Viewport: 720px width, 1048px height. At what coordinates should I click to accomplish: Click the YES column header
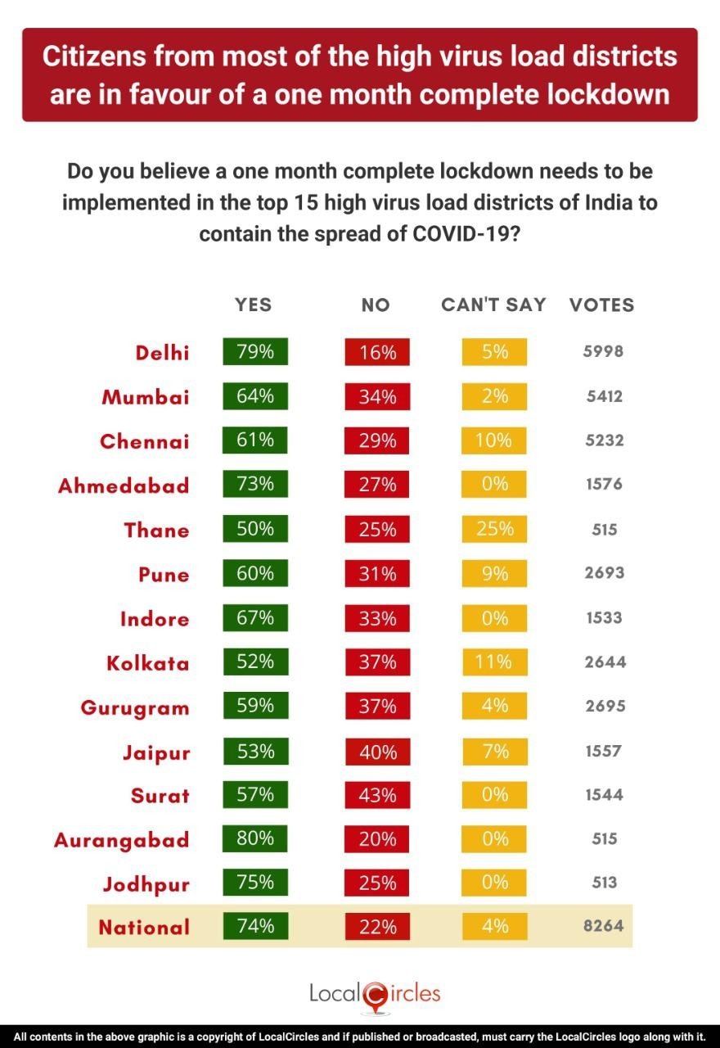(254, 305)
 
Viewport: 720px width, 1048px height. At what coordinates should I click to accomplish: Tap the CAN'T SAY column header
(493, 305)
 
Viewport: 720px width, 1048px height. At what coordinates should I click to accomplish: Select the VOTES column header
(602, 305)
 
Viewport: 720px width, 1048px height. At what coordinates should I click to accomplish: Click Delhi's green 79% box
(255, 352)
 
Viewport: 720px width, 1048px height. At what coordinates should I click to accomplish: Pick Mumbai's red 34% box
(377, 396)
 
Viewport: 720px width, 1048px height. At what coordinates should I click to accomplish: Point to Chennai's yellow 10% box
(494, 440)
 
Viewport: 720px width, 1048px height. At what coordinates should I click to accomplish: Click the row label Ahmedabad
(124, 486)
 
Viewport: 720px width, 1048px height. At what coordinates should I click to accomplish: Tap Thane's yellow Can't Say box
(494, 529)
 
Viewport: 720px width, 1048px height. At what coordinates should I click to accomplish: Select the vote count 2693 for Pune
(605, 573)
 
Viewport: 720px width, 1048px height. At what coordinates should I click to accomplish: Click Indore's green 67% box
(255, 617)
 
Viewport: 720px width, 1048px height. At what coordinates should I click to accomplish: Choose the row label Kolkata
(148, 663)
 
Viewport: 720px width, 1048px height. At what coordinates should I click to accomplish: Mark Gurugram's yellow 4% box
(494, 706)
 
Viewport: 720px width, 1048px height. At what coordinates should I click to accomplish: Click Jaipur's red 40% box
(377, 751)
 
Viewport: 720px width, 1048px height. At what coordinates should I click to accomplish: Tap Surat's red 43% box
(377, 795)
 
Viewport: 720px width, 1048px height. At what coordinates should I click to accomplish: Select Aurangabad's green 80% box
(255, 838)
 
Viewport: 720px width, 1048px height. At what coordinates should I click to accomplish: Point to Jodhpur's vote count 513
(605, 883)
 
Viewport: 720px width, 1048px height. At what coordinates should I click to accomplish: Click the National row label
(144, 928)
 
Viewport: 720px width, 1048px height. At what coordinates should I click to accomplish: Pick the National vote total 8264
(605, 927)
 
